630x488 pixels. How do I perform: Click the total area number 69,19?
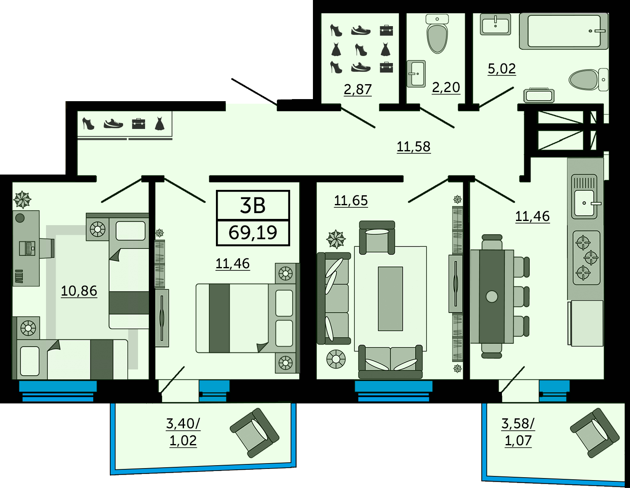[253, 233]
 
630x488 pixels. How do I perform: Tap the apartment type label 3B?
[252, 206]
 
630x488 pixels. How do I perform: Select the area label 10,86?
[79, 291]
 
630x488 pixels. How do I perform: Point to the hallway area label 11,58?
[413, 147]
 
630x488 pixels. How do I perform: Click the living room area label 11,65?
[351, 201]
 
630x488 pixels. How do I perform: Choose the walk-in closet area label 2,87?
[358, 89]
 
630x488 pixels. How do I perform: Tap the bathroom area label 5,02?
[502, 69]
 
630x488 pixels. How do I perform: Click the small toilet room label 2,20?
[446, 87]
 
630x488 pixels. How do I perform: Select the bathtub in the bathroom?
[564, 31]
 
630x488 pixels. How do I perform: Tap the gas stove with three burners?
[586, 258]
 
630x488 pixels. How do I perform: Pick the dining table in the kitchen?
[492, 296]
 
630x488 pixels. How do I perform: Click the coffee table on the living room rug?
[390, 299]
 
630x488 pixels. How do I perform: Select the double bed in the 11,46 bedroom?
[246, 318]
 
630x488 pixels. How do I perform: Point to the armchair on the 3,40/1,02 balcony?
[254, 432]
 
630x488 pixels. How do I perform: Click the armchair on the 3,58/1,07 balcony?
[595, 432]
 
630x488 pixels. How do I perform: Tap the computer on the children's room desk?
[27, 248]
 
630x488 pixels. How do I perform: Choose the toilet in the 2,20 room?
[437, 34]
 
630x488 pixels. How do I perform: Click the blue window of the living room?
[393, 391]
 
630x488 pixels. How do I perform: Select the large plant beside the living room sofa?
[336, 239]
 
